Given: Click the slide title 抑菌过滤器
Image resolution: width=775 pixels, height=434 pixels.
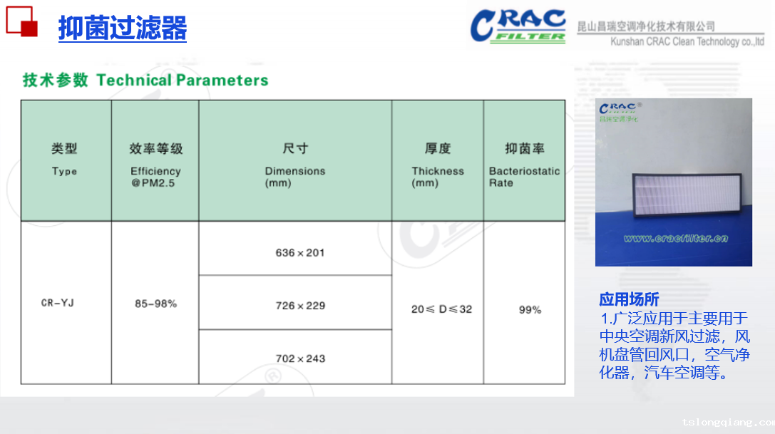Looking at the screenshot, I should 123,29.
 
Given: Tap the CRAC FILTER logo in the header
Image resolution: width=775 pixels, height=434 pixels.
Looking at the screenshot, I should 518,26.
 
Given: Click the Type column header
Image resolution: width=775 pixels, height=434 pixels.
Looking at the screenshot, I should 65,159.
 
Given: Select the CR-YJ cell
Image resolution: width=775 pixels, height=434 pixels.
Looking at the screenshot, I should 58,303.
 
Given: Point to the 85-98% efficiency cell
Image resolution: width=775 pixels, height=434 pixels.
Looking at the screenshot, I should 155,304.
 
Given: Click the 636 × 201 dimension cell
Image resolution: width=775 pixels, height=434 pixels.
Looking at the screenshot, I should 300,252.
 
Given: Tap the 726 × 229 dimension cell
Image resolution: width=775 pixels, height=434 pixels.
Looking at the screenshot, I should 300,306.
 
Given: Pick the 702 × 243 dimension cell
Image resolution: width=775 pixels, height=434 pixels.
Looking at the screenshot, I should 300,358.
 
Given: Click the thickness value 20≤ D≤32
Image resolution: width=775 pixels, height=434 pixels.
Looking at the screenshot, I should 441,309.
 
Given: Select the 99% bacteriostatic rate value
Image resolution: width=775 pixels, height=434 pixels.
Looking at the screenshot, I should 530,310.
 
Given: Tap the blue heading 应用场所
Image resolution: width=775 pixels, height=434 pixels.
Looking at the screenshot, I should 629,299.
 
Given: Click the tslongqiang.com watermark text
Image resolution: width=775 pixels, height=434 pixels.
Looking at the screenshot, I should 727,422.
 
